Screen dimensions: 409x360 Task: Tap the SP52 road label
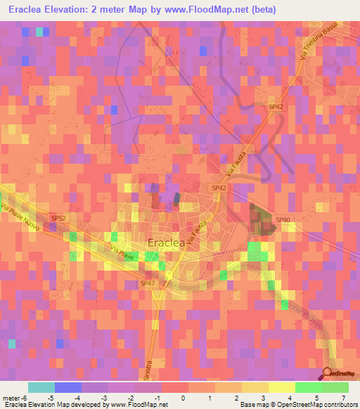click(x=59, y=219)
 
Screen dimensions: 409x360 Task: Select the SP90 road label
click(x=283, y=220)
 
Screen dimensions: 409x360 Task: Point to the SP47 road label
click(x=147, y=283)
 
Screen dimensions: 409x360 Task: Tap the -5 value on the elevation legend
click(x=51, y=398)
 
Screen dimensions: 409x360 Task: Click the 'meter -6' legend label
click(x=13, y=398)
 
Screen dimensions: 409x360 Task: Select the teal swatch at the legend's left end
click(x=41, y=387)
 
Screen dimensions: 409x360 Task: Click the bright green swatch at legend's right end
click(x=335, y=387)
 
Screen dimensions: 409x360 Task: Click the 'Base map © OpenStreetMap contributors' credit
click(x=297, y=405)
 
